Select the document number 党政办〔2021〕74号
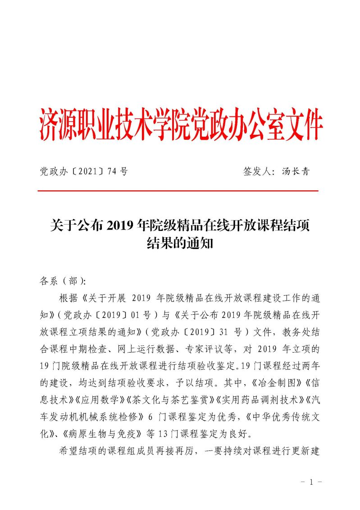(84, 171)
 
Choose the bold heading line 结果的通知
(180, 244)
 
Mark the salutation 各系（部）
(63, 281)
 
